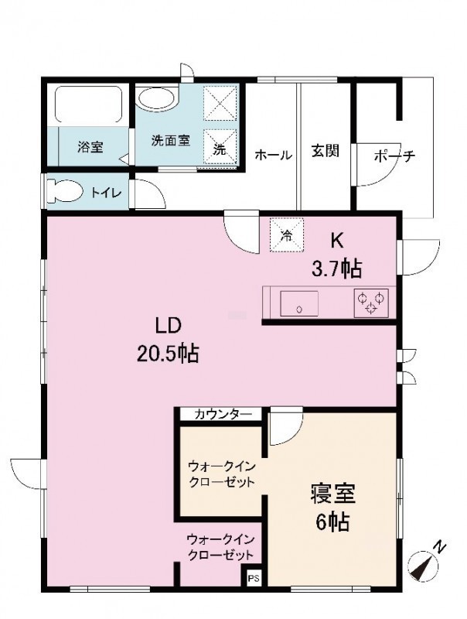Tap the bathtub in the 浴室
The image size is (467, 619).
[88, 104]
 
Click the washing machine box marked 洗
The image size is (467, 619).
[220, 147]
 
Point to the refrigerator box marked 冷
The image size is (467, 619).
[287, 235]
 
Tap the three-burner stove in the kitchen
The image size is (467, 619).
[371, 303]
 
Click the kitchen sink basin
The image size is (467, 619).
[299, 303]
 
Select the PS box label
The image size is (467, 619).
[254, 579]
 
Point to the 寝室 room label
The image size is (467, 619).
[333, 494]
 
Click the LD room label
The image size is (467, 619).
[168, 326]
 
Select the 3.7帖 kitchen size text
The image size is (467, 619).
[336, 269]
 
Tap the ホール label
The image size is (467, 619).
[274, 156]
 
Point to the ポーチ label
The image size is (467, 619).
[395, 156]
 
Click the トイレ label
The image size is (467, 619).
[106, 193]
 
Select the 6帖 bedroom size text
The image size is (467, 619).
[332, 523]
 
